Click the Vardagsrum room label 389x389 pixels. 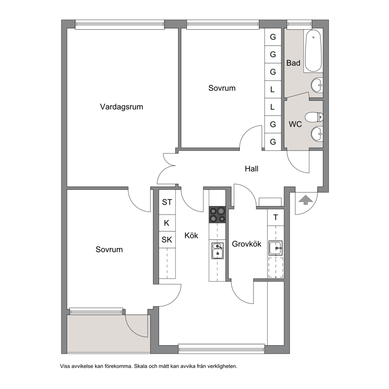[x=121, y=107]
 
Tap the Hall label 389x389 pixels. [x=252, y=169]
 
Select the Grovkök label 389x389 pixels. [x=246, y=244]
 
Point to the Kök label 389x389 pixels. [x=191, y=235]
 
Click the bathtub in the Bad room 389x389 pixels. [x=314, y=51]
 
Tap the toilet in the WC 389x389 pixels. [x=314, y=117]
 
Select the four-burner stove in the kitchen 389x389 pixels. [x=217, y=214]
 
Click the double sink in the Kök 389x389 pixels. [x=217, y=251]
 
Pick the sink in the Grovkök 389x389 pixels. [x=275, y=247]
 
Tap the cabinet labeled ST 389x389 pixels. [x=167, y=202]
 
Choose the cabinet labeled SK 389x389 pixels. [x=167, y=240]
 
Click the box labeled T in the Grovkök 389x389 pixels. [x=276, y=218]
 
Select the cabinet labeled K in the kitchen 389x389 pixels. [x=167, y=223]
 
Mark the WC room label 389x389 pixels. [x=295, y=124]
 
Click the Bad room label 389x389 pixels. [x=293, y=63]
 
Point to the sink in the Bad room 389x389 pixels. [x=317, y=85]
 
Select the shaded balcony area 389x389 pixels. [x=109, y=333]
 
